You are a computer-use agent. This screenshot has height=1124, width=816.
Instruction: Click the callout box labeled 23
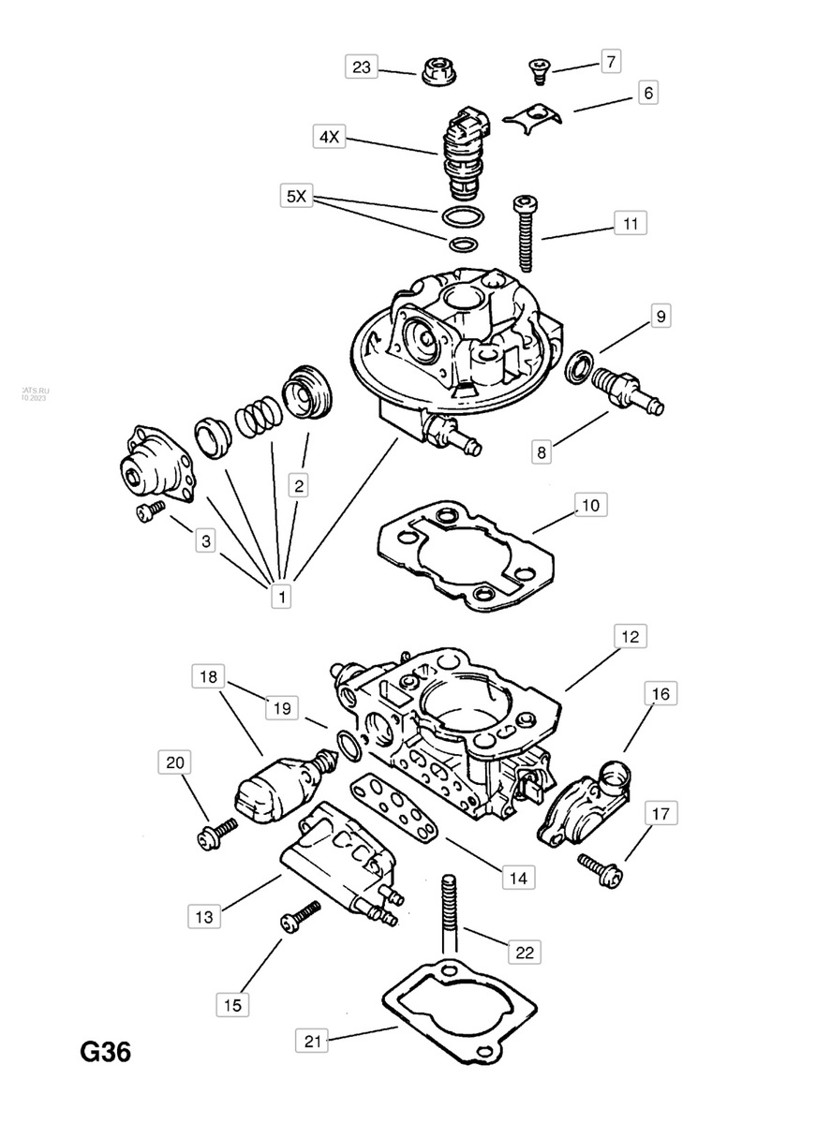pyautogui.click(x=362, y=67)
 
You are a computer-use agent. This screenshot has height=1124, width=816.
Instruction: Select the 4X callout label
pyautogui.click(x=329, y=137)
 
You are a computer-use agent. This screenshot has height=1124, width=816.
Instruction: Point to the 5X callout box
pyautogui.click(x=295, y=197)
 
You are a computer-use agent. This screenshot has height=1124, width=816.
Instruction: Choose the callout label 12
pyautogui.click(x=629, y=637)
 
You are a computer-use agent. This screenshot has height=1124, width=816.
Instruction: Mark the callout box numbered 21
pyautogui.click(x=315, y=1041)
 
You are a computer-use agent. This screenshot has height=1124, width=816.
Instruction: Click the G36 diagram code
pyautogui.click(x=104, y=1053)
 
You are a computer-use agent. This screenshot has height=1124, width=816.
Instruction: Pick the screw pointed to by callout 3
pyautogui.click(x=148, y=510)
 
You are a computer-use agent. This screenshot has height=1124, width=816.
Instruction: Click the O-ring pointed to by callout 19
pyautogui.click(x=349, y=747)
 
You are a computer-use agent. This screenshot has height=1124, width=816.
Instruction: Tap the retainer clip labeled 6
pyautogui.click(x=530, y=116)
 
